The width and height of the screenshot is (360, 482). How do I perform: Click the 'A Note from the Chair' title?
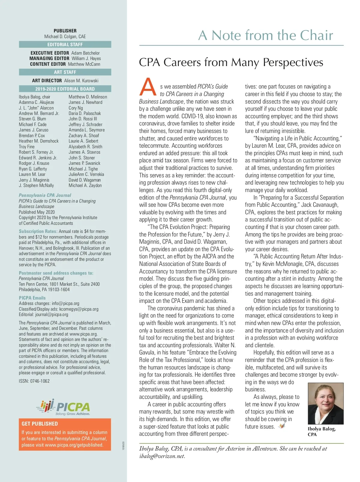click(x=265, y=35)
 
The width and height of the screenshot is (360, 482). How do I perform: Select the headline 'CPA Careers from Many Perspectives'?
click(x=231, y=62)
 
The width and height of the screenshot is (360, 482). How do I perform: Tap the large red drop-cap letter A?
click(x=148, y=87)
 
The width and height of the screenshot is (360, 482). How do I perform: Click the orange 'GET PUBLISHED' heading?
click(x=40, y=424)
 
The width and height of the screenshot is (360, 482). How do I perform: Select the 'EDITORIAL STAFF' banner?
click(x=65, y=44)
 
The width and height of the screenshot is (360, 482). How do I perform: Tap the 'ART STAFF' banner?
click(x=65, y=72)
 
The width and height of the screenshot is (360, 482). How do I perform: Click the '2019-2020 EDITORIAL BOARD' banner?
click(x=65, y=89)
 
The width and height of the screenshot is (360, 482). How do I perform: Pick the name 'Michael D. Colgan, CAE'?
click(x=65, y=37)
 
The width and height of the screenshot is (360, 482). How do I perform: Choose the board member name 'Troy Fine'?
click(x=27, y=147)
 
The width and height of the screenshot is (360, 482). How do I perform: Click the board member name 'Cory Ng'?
click(x=76, y=108)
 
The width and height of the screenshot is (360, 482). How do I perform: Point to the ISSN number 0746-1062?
click(x=34, y=381)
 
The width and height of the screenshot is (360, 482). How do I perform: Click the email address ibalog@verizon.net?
click(x=162, y=456)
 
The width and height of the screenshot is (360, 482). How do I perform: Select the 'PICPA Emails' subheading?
click(x=32, y=298)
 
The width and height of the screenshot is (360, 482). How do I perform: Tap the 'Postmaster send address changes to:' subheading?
click(x=56, y=273)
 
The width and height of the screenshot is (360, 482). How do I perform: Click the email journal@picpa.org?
click(x=52, y=315)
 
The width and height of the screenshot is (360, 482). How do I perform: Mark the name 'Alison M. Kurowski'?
click(x=81, y=81)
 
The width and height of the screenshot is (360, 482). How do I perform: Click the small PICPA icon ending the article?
click(x=281, y=426)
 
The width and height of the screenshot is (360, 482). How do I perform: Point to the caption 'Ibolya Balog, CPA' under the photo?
click(x=322, y=431)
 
